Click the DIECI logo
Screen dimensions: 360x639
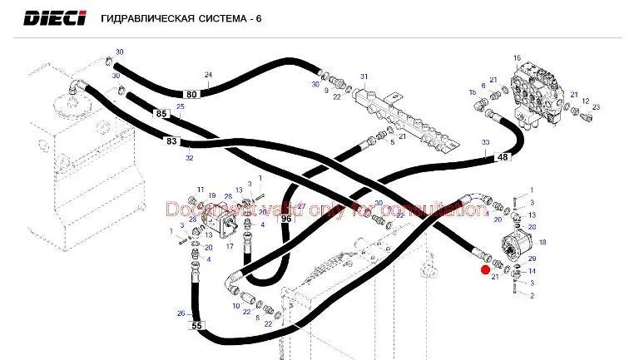pyautogui.click(x=54, y=17)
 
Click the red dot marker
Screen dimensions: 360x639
pyautogui.click(x=485, y=269)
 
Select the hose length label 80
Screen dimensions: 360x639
pyautogui.click(x=192, y=94)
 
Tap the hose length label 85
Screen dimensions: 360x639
pyautogui.click(x=161, y=113)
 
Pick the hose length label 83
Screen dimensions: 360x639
pyautogui.click(x=172, y=141)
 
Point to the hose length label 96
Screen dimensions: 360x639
pyautogui.click(x=285, y=219)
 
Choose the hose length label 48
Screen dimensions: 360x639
pyautogui.click(x=503, y=157)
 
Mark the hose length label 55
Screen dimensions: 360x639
pyautogui.click(x=196, y=326)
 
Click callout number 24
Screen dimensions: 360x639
pyautogui.click(x=208, y=75)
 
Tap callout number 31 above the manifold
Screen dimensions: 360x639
pyautogui.click(x=364, y=76)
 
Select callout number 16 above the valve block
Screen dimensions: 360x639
pyautogui.click(x=517, y=57)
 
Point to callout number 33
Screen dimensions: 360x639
pyautogui.click(x=485, y=143)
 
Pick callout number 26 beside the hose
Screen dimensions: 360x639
pyautogui.click(x=181, y=313)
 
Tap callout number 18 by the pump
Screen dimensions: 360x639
pyautogui.click(x=542, y=242)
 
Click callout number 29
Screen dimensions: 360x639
pyautogui.click(x=532, y=260)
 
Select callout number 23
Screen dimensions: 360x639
pyautogui.click(x=596, y=107)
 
